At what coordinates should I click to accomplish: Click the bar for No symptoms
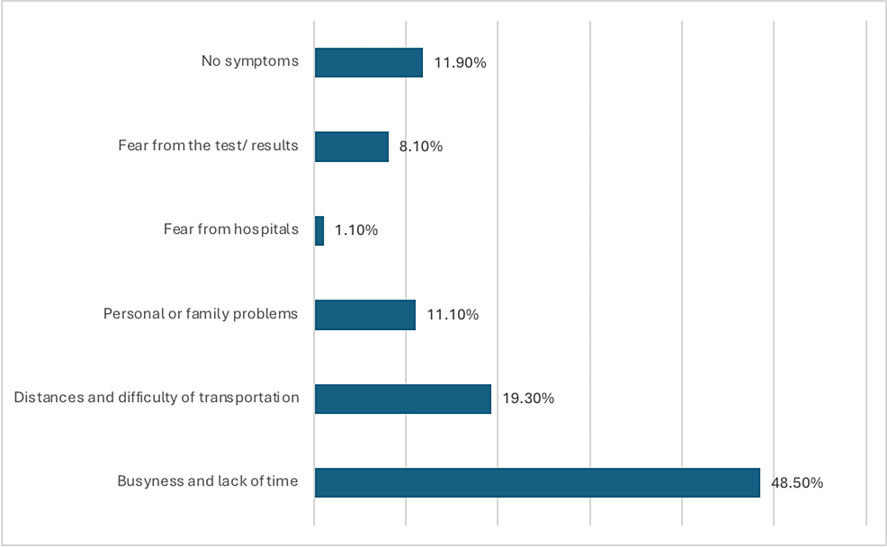point(368,63)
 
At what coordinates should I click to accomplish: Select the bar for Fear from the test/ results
point(351,147)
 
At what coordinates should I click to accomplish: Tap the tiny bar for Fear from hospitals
point(319,230)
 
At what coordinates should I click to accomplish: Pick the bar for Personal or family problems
point(364,315)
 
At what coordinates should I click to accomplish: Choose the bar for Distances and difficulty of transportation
point(402,399)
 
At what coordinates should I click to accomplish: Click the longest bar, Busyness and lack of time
point(537,482)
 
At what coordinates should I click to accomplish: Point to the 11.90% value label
point(460,63)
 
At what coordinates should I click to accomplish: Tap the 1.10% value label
point(356,230)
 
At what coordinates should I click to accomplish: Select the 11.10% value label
point(452,315)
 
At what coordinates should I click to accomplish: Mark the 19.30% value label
point(528,399)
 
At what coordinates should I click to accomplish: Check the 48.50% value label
point(797,482)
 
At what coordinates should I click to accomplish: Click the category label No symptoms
point(249,62)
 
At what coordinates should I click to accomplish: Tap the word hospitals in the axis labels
point(266,229)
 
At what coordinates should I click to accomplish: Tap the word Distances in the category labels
point(45,398)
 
